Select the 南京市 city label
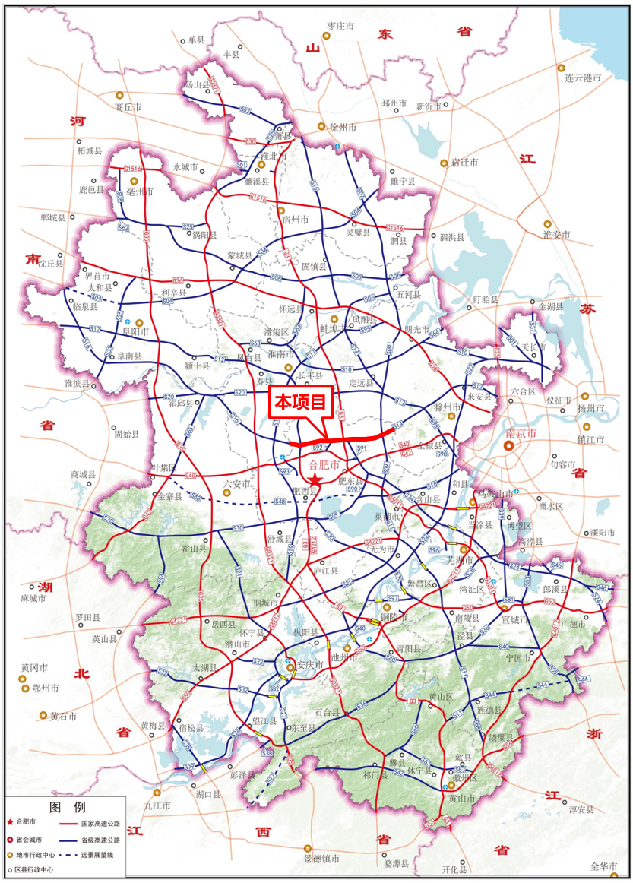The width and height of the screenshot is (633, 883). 521,433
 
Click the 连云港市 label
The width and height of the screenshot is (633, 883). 583,78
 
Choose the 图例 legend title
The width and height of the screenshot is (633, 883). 67,806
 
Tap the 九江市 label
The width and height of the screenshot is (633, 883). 159,805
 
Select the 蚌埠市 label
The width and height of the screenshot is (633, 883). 334,328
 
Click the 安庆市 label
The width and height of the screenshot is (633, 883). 310,664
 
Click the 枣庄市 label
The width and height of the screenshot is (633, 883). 340,26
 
